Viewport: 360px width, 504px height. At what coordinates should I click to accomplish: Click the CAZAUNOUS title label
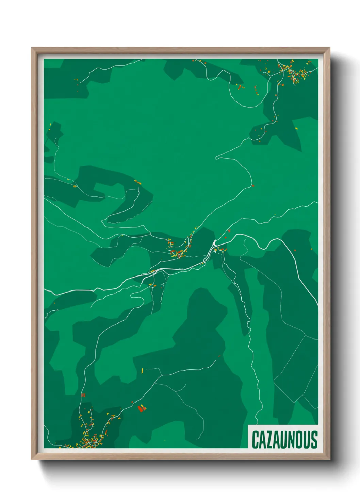(x=284, y=440)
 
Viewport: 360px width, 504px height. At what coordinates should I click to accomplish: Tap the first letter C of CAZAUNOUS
(x=255, y=440)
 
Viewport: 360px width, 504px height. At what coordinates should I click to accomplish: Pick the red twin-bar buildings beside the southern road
(x=83, y=395)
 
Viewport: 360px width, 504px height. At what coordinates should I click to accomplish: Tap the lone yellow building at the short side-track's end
(x=142, y=370)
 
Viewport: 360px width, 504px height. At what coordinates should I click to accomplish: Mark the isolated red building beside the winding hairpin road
(x=253, y=186)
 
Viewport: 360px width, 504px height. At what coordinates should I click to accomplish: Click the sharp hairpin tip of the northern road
(x=216, y=158)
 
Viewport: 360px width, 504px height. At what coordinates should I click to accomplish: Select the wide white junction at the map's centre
(x=214, y=243)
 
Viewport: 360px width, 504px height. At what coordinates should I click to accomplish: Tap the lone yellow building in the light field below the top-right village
(x=296, y=128)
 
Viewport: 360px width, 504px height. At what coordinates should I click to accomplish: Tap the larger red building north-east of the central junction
(x=229, y=231)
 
